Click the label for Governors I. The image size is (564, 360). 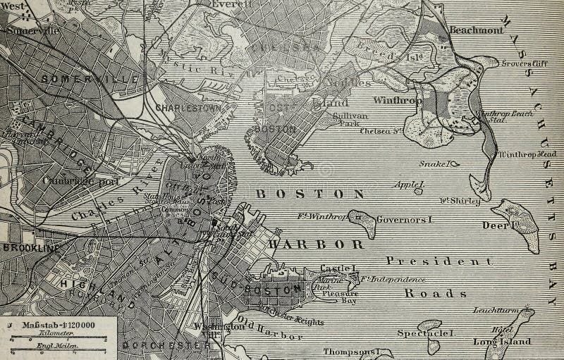click(x=404, y=220)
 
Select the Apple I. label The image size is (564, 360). click(x=409, y=186)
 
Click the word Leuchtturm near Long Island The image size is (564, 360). click(x=493, y=310)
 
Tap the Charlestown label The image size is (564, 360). click(x=187, y=108)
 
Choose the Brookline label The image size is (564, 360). click(x=29, y=248)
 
